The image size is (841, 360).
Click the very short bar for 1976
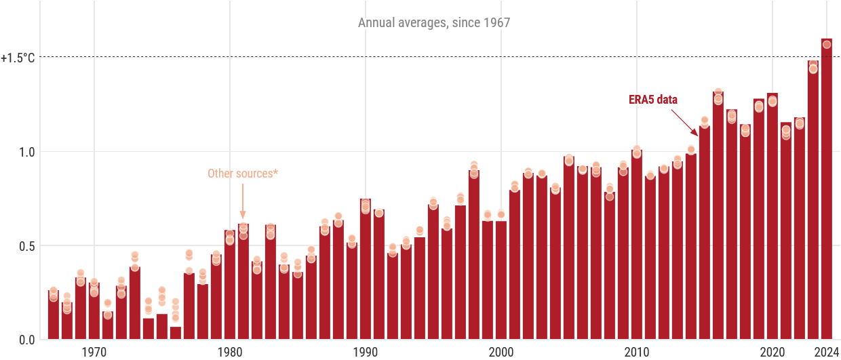pos(176,333)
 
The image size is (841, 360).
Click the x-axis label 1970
pos(94,352)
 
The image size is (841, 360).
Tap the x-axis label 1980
pos(230,352)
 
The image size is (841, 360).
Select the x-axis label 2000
pos(501,352)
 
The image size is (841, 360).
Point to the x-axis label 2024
pos(827,352)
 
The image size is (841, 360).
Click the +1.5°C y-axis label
pos(18,58)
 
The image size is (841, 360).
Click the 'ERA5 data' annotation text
pos(653,100)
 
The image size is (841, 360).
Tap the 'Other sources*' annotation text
pos(243,174)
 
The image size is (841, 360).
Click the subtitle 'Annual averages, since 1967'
pos(434,23)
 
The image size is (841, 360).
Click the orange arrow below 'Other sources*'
pos(243,201)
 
